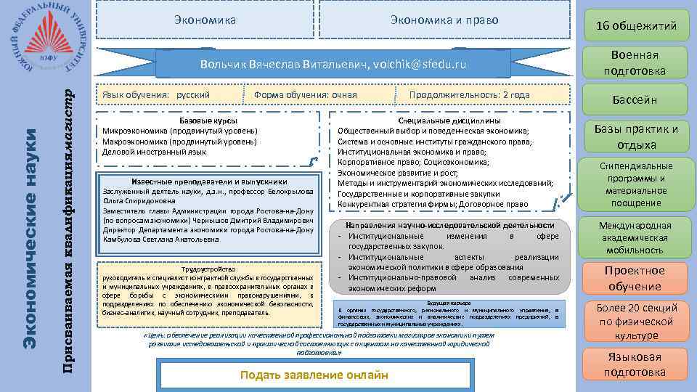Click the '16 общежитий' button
pyautogui.click(x=635, y=26)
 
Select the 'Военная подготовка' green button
pyautogui.click(x=635, y=63)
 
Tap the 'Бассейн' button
pyautogui.click(x=635, y=99)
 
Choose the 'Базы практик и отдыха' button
pyautogui.click(x=635, y=136)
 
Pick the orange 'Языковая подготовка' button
pyautogui.click(x=635, y=364)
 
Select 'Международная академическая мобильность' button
pyautogui.click(x=635, y=237)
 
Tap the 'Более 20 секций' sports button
pyautogui.click(x=635, y=321)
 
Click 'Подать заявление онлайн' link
pyautogui.click(x=314, y=375)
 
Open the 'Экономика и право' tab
pyautogui.click(x=444, y=20)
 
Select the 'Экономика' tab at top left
pyautogui.click(x=205, y=20)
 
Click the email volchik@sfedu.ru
pyautogui.click(x=419, y=65)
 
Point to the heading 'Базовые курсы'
pyautogui.click(x=208, y=120)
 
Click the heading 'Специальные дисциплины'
pyautogui.click(x=449, y=121)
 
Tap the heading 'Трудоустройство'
pyautogui.click(x=208, y=268)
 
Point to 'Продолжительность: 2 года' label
pyautogui.click(x=469, y=95)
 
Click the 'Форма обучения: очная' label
pyautogui.click(x=306, y=95)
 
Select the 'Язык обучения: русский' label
pyautogui.click(x=156, y=95)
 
